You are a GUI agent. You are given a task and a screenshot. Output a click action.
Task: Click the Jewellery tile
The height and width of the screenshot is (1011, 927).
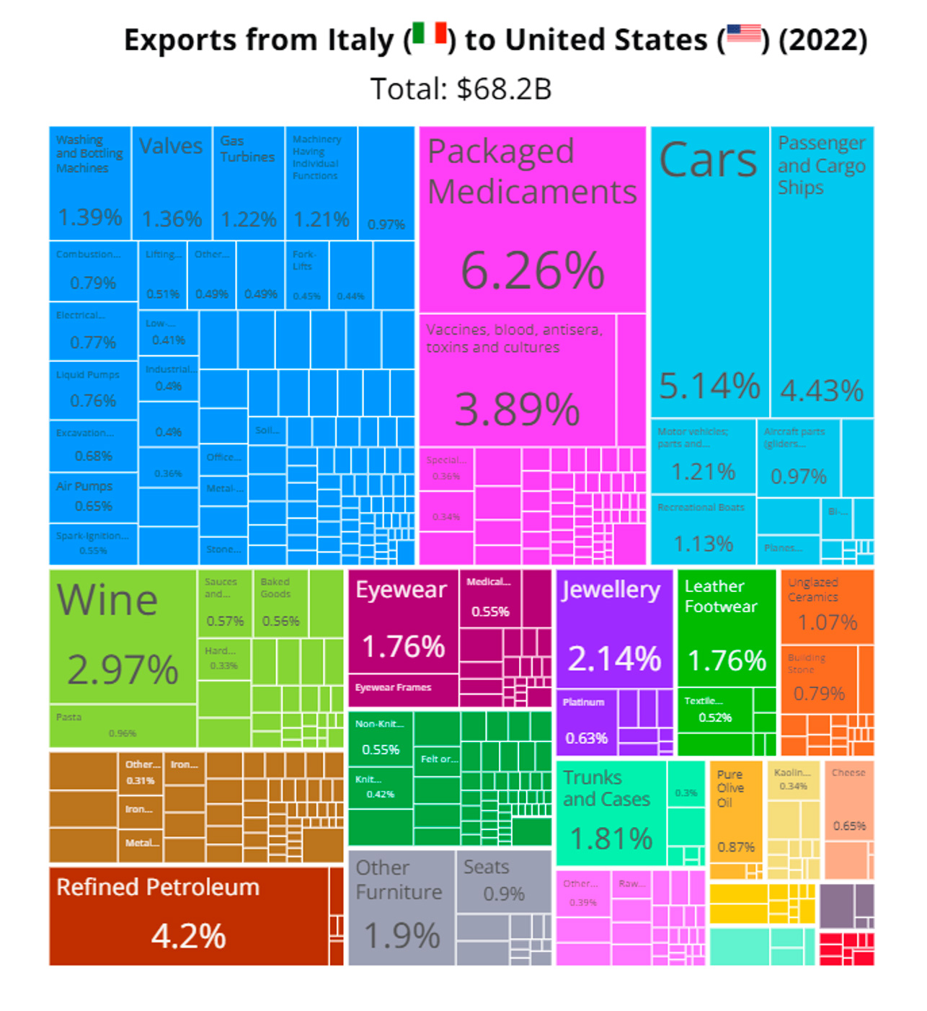tap(614, 628)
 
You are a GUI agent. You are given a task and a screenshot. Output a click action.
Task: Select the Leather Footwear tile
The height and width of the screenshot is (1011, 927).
tap(726, 628)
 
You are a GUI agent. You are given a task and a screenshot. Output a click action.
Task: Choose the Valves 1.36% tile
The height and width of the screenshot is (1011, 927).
tap(172, 183)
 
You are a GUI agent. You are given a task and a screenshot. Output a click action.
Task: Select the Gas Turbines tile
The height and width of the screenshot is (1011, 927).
tap(248, 183)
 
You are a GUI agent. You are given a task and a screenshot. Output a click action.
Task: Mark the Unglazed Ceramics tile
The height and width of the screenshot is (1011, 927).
tap(827, 606)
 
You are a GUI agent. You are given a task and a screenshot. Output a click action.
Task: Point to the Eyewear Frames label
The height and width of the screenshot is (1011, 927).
tap(394, 688)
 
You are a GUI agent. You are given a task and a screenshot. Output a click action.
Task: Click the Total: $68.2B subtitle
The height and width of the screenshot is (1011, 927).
tap(461, 89)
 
